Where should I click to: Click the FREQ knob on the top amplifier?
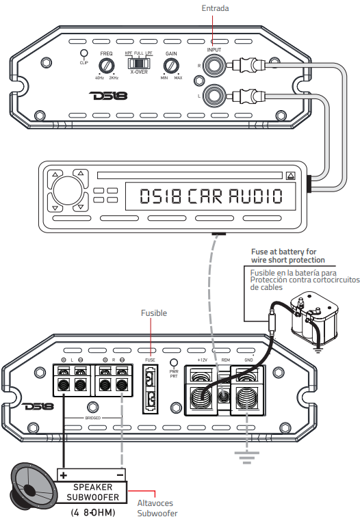click(105, 66)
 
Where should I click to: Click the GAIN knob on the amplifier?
click(171, 66)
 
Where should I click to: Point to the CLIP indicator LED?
click(83, 53)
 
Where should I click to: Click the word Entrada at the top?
click(215, 8)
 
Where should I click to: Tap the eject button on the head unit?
click(291, 175)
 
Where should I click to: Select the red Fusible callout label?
click(154, 312)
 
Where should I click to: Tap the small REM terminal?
click(224, 395)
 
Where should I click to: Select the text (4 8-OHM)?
click(92, 511)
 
